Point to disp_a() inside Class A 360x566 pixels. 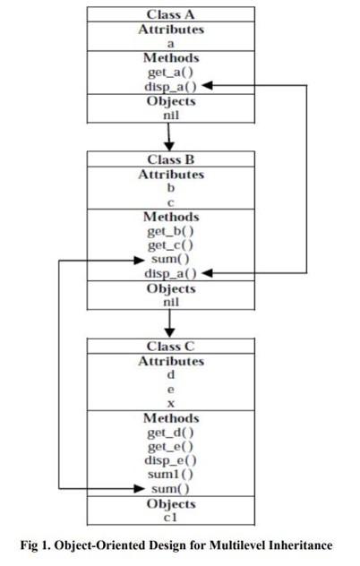[168, 86]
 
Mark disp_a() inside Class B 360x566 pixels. [168, 273]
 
